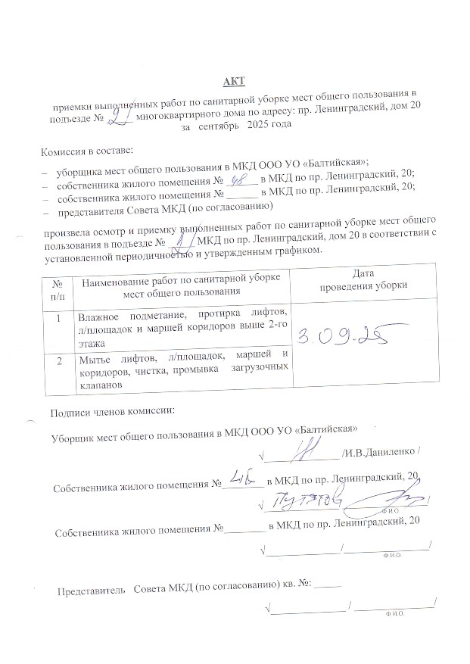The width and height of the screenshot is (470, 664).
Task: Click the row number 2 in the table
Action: pos(58,357)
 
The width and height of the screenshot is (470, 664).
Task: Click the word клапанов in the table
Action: pos(100,385)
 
